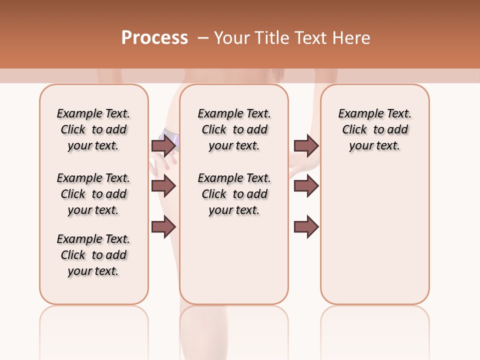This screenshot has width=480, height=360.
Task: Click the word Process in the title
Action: pos(154,38)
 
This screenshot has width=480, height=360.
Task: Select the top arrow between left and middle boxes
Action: pos(163,145)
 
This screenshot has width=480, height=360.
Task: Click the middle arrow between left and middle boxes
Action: pos(163,186)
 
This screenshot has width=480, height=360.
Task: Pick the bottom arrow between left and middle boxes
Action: pos(163,227)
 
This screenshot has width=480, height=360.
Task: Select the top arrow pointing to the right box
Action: pos(306,145)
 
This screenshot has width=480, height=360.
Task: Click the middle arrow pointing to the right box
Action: pos(306,186)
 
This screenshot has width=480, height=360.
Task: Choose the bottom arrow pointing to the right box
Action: pos(306,227)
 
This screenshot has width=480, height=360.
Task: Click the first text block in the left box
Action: pos(93,129)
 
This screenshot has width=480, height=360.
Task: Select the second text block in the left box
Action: pos(93,194)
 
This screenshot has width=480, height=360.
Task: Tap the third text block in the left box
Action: pos(93,255)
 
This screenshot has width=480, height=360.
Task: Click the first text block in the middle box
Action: pos(234,129)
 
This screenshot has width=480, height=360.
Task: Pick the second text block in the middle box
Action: pos(234,194)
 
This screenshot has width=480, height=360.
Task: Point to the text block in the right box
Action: pos(374,129)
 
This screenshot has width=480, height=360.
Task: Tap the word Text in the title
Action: pos(310,38)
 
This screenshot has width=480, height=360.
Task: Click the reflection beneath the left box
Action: pos(94,330)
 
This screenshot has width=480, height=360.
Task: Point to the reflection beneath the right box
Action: pos(374,330)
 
